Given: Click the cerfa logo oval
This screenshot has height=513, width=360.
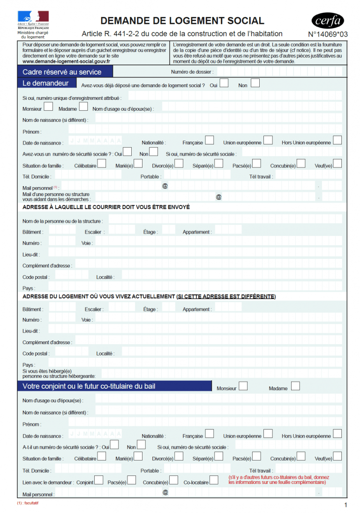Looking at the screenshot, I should pos(328,21).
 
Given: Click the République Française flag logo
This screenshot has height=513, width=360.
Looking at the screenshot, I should pos(33,16).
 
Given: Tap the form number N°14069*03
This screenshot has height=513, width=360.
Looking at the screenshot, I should pos(328,34).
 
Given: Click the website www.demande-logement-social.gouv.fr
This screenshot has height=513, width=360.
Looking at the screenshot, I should pos(67,61).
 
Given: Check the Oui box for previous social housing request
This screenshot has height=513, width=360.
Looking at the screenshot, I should pos(224,83).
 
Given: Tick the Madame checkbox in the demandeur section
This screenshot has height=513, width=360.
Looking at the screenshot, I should pos(83,107).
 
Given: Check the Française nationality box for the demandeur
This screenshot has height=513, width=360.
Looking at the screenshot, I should pos(210,140).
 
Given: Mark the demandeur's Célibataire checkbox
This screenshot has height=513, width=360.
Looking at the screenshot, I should pos(102,164).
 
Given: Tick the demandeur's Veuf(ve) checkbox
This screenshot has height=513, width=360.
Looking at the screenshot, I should pos(337,164).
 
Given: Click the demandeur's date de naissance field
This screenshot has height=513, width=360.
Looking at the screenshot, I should pos(95,141).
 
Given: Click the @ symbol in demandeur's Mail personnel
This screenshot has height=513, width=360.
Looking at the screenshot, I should pos(165,186).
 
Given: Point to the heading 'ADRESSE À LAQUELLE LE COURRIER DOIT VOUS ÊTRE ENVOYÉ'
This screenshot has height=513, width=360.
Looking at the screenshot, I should pos(106,207).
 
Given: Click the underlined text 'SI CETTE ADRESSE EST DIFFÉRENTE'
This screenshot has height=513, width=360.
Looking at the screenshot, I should pos(226,296).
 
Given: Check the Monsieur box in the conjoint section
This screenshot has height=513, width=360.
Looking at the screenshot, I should pos(243,386).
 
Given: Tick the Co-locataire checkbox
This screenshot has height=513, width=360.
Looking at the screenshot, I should pos(214,480).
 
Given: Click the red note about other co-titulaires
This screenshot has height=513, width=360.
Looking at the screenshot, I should pos(278,480).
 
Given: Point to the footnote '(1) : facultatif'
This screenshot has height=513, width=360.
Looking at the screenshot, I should pos(28,503).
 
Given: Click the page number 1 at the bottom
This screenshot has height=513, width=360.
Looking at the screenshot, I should pos(345,505).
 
